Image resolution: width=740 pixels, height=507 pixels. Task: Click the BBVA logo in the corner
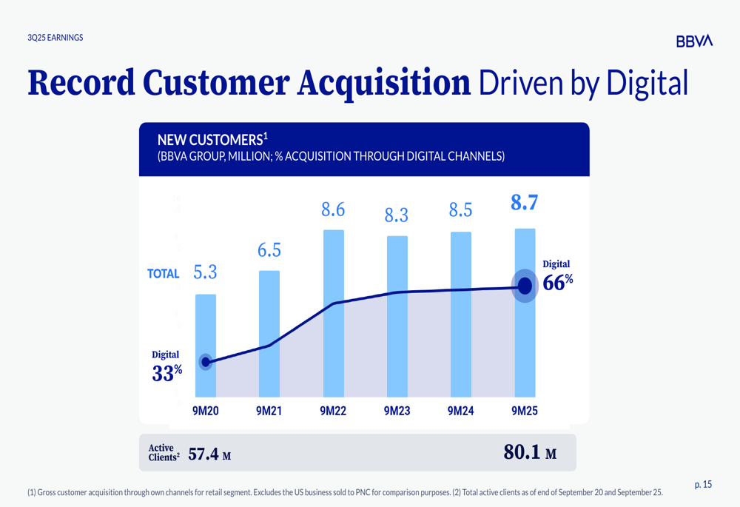click(x=694, y=41)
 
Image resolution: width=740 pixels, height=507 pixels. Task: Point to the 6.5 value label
click(x=269, y=250)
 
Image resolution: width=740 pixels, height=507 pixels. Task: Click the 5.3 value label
click(x=206, y=272)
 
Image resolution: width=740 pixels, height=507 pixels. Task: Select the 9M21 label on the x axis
click(x=269, y=411)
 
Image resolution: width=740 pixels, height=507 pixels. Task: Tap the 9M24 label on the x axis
click(x=461, y=411)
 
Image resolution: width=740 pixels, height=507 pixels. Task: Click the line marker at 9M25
click(x=525, y=286)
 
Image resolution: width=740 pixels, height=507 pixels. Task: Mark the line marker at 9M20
click(x=206, y=362)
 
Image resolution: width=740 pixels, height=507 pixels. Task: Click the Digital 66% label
click(x=557, y=275)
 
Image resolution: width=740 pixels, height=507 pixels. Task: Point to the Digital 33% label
click(x=166, y=366)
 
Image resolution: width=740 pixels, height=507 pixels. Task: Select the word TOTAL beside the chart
click(x=164, y=274)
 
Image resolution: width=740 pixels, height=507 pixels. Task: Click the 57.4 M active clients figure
click(x=209, y=454)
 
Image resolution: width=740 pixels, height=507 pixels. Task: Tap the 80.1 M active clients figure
click(x=530, y=453)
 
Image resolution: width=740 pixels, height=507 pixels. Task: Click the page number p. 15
click(x=703, y=485)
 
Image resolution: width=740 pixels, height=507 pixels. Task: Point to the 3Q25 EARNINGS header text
click(x=55, y=38)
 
